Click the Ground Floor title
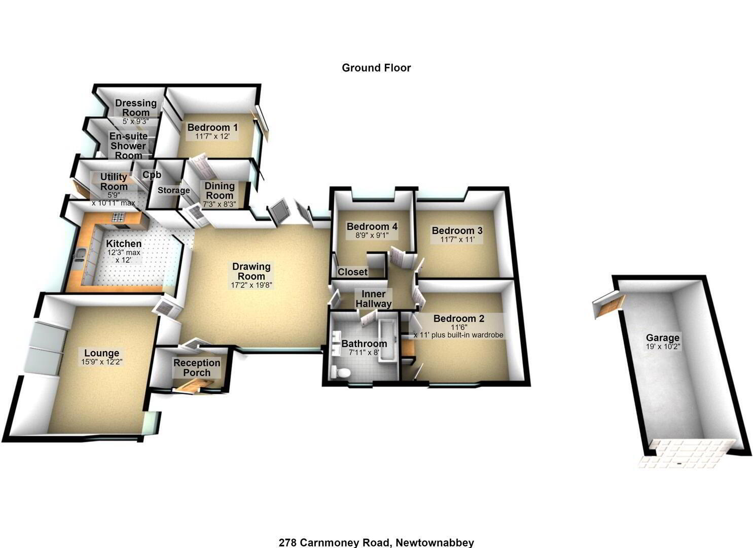pyautogui.click(x=376, y=68)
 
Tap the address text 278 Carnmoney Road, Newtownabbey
pyautogui.click(x=376, y=542)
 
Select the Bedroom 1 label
pyautogui.click(x=212, y=127)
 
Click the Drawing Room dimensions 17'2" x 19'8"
pyautogui.click(x=252, y=285)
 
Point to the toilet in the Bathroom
pyautogui.click(x=340, y=371)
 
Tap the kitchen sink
pyautogui.click(x=80, y=254)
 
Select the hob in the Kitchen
pyautogui.click(x=118, y=217)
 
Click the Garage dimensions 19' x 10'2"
pyautogui.click(x=663, y=347)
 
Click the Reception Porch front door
pyautogui.click(x=193, y=386)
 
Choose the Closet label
pyautogui.click(x=352, y=272)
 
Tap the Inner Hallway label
pyautogui.click(x=374, y=299)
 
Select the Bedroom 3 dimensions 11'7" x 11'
pyautogui.click(x=457, y=240)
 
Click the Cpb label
pyautogui.click(x=152, y=175)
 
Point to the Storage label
pyautogui.click(x=174, y=190)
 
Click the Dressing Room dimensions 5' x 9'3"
pyautogui.click(x=135, y=121)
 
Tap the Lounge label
pyautogui.click(x=102, y=353)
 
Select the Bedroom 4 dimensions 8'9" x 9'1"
pyautogui.click(x=372, y=235)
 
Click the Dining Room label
pyautogui.click(x=220, y=190)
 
